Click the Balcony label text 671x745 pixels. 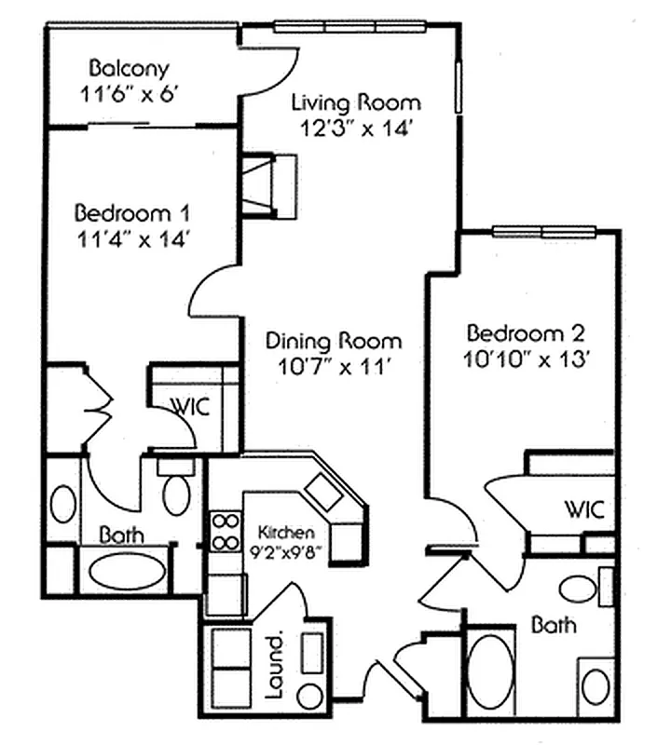(x=130, y=68)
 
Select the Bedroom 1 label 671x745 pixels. (x=134, y=212)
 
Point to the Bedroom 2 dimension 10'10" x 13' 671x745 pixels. (x=528, y=359)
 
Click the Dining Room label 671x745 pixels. (x=333, y=341)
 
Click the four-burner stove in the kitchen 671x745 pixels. (x=225, y=533)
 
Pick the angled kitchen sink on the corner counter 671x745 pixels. (x=326, y=490)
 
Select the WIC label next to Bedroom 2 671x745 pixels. (x=584, y=509)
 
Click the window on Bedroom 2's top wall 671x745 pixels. (x=544, y=231)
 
